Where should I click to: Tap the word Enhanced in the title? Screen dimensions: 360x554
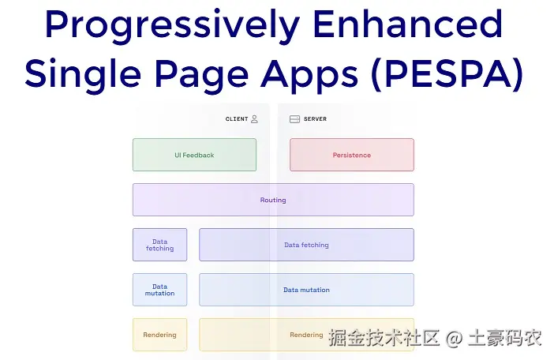(x=407, y=27)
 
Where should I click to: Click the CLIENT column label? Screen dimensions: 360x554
(x=237, y=119)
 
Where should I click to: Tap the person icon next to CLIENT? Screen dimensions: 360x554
(x=254, y=119)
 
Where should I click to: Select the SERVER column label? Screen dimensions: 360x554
(x=315, y=119)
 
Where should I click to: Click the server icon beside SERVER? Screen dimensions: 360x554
(x=294, y=119)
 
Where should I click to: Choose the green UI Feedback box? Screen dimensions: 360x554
(x=194, y=155)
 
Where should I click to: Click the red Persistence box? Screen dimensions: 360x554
(x=351, y=155)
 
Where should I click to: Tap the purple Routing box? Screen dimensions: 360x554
(x=273, y=200)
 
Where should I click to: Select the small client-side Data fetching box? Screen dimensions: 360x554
(x=159, y=245)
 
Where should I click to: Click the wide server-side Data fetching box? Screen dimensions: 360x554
(x=306, y=245)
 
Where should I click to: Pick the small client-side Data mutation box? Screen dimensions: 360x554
(x=159, y=290)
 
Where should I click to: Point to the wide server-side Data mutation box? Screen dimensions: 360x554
(x=306, y=290)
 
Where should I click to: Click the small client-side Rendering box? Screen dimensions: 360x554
(x=159, y=335)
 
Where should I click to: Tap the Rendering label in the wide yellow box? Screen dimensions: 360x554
(x=306, y=335)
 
